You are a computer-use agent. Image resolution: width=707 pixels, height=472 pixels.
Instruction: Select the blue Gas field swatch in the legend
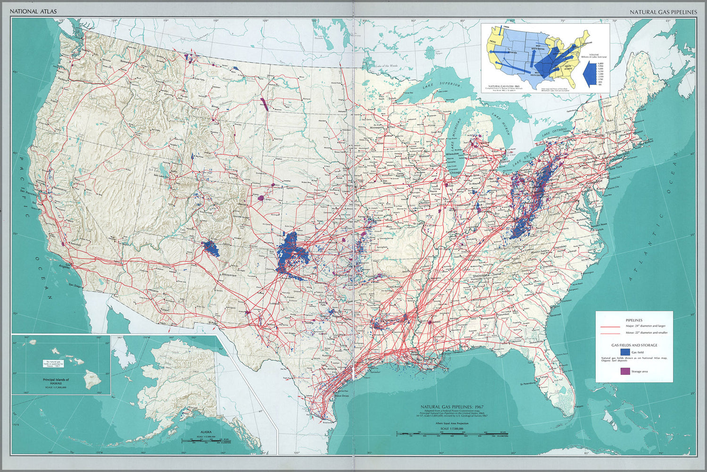click(625, 352)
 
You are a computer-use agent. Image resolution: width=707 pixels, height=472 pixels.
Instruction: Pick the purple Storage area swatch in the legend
click(625, 371)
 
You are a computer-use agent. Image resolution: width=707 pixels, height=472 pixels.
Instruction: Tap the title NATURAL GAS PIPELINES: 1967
click(452, 406)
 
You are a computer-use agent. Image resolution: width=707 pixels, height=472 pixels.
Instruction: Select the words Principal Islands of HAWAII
click(56, 381)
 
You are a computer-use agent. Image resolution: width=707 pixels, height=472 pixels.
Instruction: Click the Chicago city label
click(456, 173)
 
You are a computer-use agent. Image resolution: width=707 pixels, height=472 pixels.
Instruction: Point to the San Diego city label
click(75, 286)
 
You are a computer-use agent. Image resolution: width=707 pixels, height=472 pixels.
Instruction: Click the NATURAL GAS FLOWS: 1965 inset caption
click(503, 86)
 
